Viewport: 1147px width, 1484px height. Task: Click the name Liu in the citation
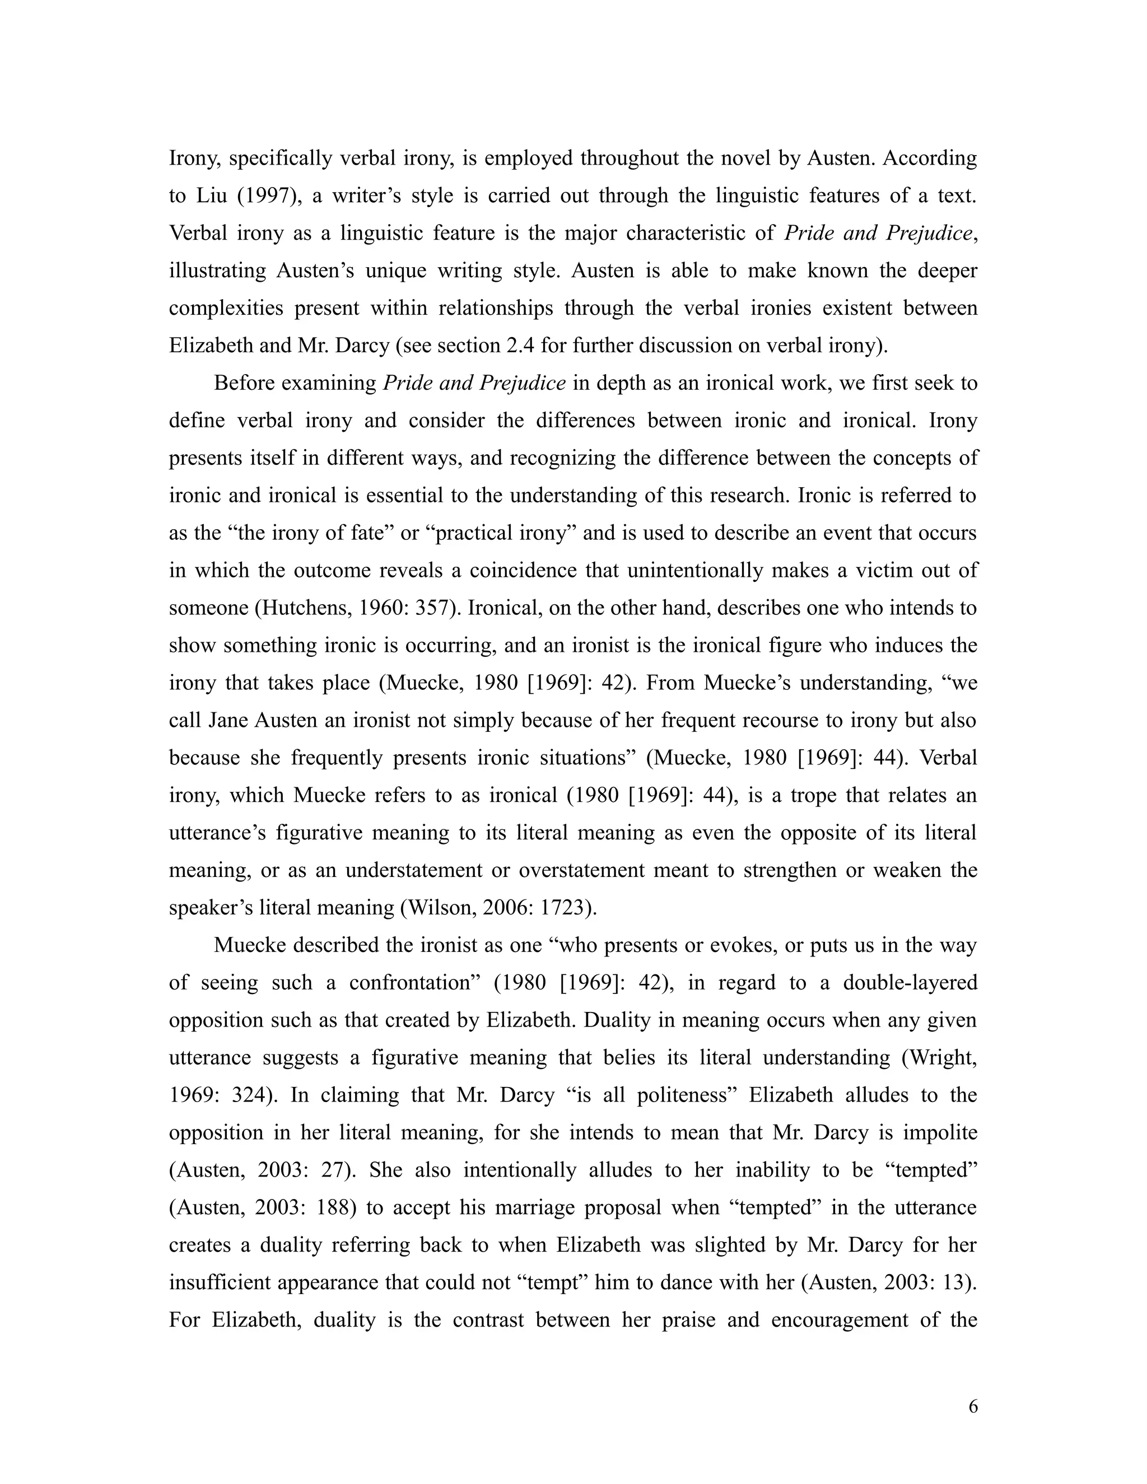pyautogui.click(x=212, y=195)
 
